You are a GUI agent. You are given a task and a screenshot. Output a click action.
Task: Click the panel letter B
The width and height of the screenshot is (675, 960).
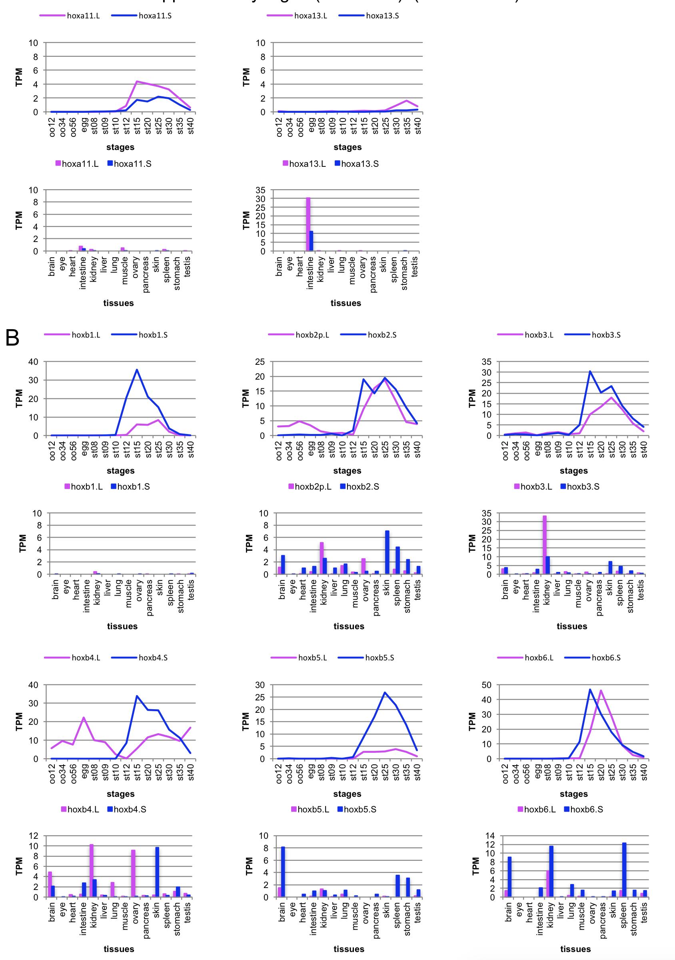(x=12, y=338)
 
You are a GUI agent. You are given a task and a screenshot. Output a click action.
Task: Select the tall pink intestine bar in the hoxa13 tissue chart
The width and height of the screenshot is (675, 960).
(x=308, y=224)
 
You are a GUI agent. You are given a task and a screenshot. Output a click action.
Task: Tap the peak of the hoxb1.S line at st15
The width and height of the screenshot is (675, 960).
(x=137, y=370)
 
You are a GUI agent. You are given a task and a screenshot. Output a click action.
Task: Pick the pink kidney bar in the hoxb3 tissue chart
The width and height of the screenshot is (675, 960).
(x=545, y=545)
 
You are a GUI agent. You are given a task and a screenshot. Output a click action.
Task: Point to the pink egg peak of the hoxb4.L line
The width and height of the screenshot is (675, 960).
(x=84, y=718)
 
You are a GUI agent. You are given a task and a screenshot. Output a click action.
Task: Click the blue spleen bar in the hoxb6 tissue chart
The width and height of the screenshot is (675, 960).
(x=624, y=870)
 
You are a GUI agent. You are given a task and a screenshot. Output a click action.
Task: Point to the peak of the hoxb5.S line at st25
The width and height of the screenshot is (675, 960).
(x=385, y=692)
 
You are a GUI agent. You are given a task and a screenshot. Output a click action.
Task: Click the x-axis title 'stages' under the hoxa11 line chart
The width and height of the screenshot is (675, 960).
(x=120, y=147)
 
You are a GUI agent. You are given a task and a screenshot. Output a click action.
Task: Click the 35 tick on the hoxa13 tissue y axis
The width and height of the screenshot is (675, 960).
(x=260, y=190)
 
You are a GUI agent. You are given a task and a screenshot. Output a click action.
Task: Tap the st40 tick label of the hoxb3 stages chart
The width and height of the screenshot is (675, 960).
(x=645, y=449)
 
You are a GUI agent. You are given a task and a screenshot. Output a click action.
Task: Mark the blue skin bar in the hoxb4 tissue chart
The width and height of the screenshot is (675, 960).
(x=157, y=872)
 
